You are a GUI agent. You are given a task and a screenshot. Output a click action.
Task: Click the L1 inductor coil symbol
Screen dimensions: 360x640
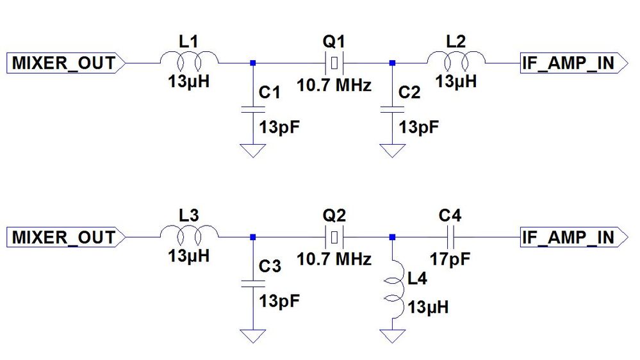click(x=189, y=63)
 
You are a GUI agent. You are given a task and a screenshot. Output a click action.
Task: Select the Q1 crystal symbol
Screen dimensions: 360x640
click(x=333, y=63)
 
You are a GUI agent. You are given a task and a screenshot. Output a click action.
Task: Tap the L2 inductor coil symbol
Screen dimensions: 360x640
click(x=456, y=63)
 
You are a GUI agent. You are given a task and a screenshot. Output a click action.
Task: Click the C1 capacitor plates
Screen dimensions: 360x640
click(x=253, y=110)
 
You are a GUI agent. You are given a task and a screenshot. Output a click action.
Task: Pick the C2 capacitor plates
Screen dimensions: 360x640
click(x=392, y=110)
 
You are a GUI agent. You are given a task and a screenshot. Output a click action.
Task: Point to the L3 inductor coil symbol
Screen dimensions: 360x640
click(x=189, y=237)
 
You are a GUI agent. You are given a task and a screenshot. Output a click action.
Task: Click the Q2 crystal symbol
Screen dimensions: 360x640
click(x=333, y=237)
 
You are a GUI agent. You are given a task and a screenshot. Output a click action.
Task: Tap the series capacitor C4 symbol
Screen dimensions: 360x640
click(x=452, y=237)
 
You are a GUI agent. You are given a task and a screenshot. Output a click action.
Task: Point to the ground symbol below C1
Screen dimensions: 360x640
click(x=253, y=151)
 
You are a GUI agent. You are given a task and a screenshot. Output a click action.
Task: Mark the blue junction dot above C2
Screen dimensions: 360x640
click(x=392, y=63)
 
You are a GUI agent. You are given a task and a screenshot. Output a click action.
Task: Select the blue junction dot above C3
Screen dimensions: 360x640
click(x=253, y=237)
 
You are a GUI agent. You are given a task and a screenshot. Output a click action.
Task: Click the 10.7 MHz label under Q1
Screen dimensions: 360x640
click(x=333, y=85)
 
